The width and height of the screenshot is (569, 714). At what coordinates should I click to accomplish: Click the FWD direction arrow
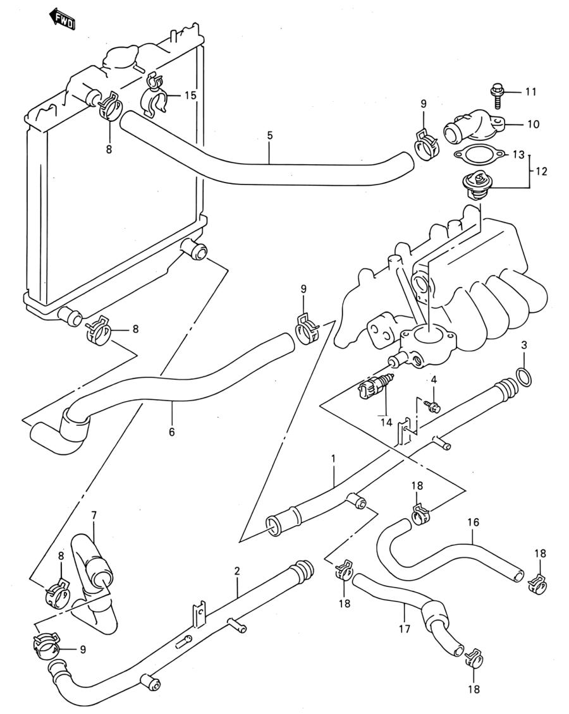click(x=62, y=20)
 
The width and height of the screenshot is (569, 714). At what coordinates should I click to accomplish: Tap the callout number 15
click(x=190, y=95)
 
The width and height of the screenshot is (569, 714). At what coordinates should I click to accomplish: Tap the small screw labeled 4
click(x=433, y=406)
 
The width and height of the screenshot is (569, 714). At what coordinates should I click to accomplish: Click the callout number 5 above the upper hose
click(x=270, y=135)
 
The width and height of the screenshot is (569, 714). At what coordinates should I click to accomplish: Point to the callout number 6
click(x=172, y=431)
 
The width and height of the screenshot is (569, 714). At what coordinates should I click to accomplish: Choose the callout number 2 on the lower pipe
click(x=237, y=571)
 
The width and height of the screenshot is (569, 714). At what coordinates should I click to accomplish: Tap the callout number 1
click(x=333, y=457)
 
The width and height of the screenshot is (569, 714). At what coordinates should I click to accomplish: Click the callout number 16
click(x=474, y=522)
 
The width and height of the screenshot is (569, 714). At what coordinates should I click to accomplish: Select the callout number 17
click(x=404, y=629)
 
